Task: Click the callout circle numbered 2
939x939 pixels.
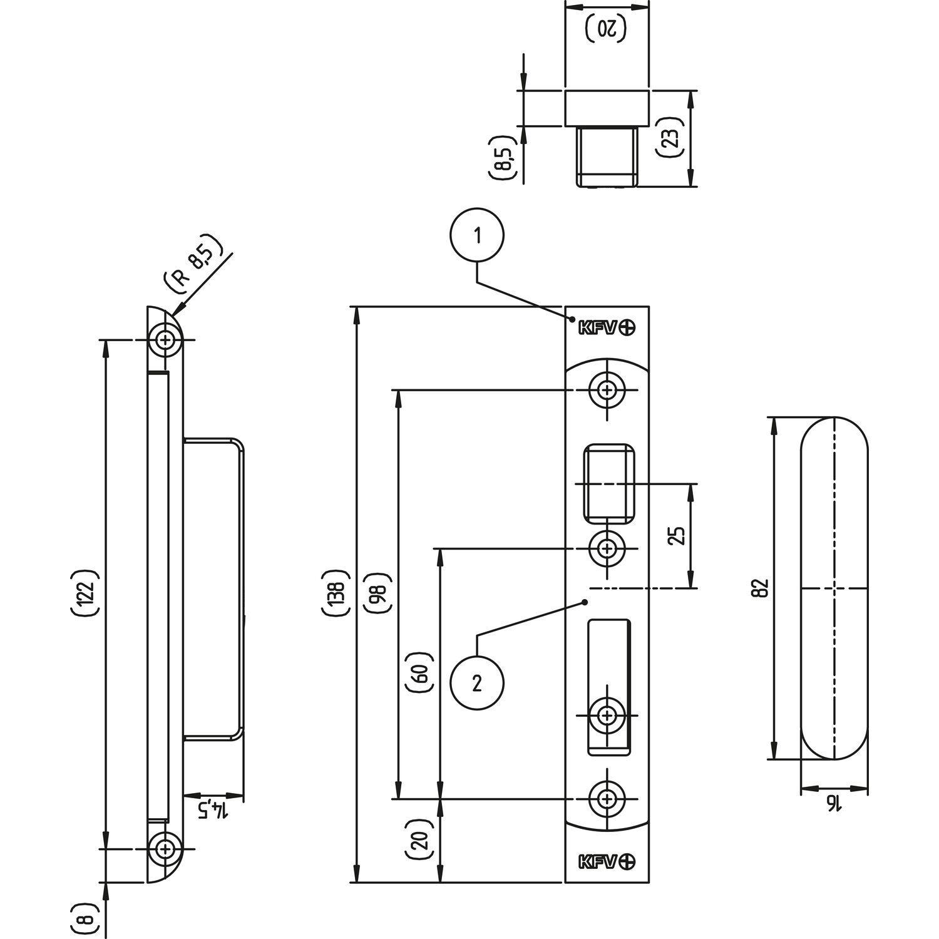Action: [x=477, y=684]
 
